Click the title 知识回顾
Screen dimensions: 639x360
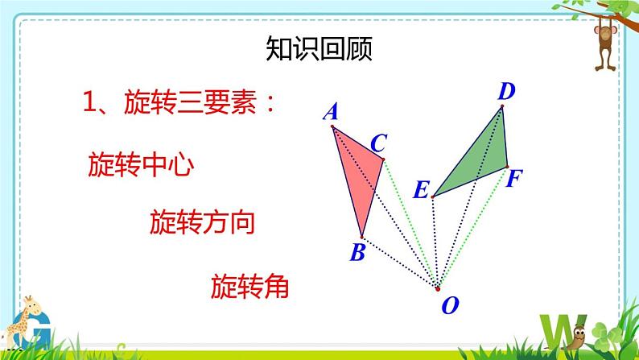coord(319,48)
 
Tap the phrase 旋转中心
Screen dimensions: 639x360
coord(141,164)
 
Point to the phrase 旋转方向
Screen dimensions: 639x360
coord(203,222)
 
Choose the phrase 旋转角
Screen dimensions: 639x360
coord(249,286)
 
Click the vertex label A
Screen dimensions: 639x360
coord(331,111)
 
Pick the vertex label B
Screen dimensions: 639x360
coord(358,252)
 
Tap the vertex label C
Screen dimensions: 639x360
coord(378,143)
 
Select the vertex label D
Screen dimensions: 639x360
coord(506,91)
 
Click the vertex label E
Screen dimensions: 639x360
coord(422,189)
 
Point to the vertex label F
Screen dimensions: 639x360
coord(514,178)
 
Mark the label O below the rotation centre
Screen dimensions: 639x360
coord(451,305)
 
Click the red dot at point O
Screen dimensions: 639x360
coord(438,289)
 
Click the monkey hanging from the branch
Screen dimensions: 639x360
coord(605,46)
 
